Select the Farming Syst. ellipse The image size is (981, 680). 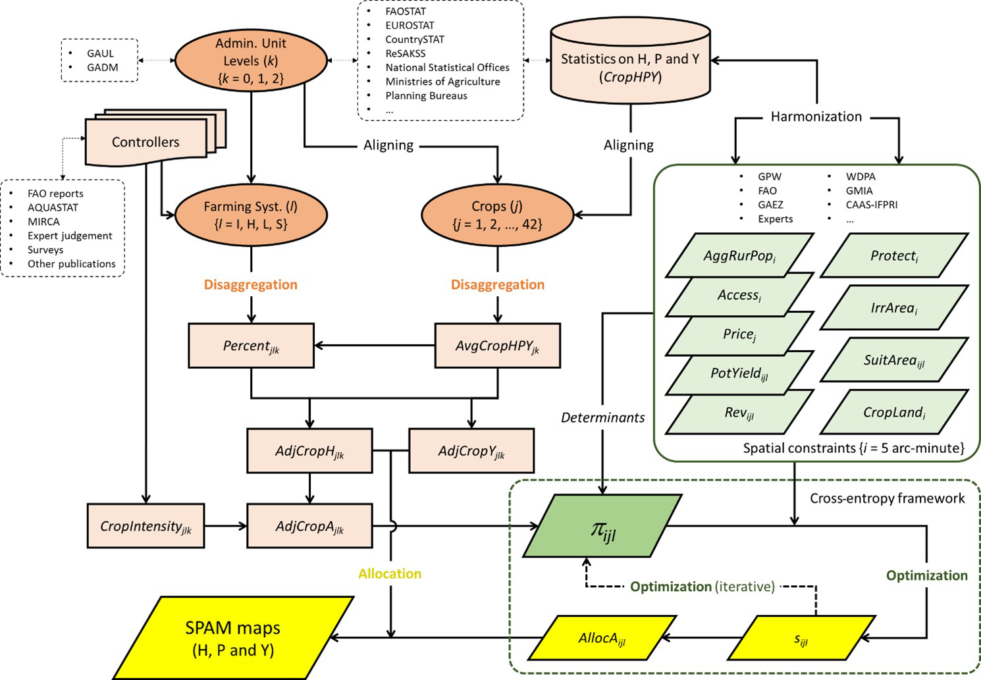pos(251,215)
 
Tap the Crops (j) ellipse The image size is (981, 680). pos(497,215)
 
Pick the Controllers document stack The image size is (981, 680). pos(146,142)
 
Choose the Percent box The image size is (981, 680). pos(251,346)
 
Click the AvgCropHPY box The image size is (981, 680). pos(498,346)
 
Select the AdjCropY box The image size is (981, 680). pos(471,451)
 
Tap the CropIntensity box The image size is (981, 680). pos(146,526)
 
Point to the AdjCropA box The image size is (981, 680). pos(309,526)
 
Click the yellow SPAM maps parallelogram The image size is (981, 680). pos(233,638)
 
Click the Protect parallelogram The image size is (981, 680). pos(894,255)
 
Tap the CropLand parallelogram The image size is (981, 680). pos(894,413)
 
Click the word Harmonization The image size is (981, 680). pos(816,117)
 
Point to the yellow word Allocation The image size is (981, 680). pos(390,573)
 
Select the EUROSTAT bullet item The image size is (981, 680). pos(410,25)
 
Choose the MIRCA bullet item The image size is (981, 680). pos(43,222)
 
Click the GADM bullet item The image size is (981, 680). pos(103,67)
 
